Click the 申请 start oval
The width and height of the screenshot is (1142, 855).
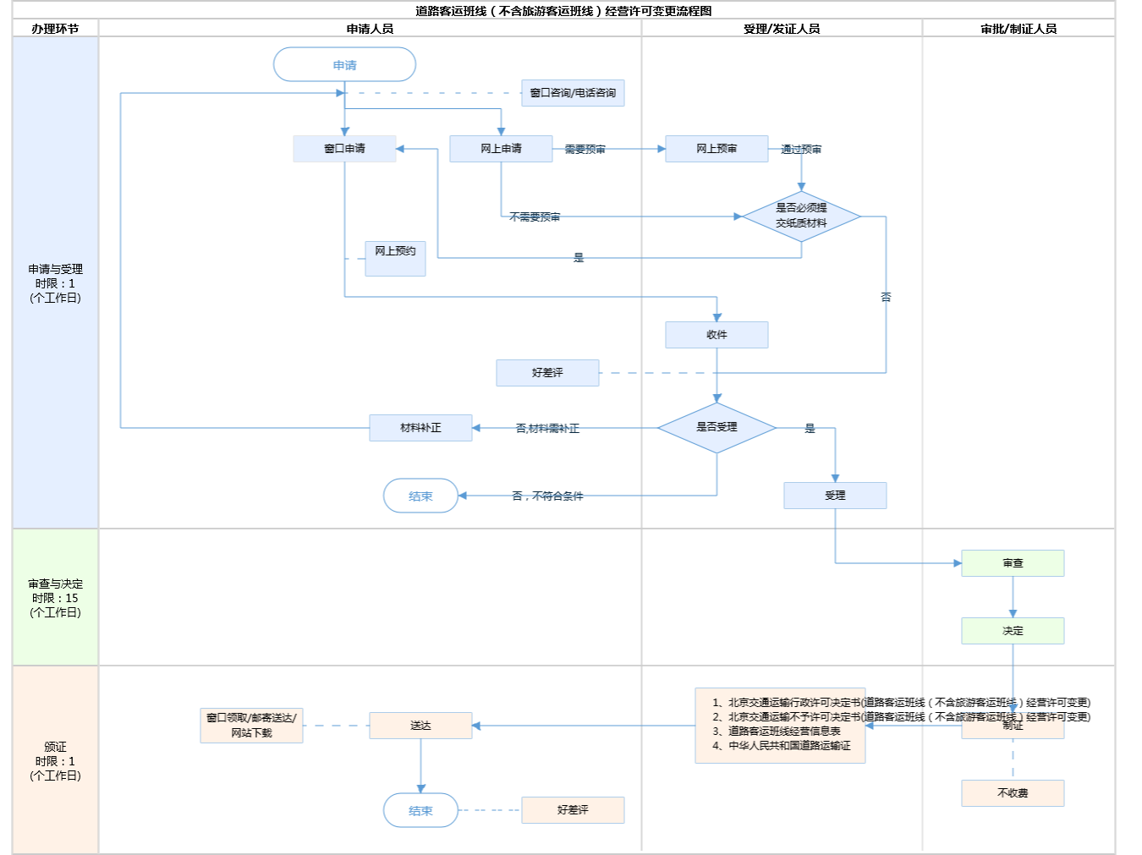[x=344, y=65]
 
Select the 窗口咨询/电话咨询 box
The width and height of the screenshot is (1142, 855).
[x=573, y=93]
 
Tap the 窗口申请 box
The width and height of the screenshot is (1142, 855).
[x=344, y=149]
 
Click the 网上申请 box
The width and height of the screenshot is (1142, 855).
[x=501, y=149]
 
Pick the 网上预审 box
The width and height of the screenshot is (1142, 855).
[x=716, y=149]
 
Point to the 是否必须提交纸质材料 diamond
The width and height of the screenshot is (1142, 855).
[x=801, y=216]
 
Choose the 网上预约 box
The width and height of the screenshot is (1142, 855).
[x=395, y=258]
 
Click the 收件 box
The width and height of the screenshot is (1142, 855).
[x=716, y=335]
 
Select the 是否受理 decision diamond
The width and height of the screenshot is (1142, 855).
[x=716, y=428]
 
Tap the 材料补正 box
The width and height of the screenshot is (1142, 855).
[x=420, y=428]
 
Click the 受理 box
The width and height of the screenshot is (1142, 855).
[x=835, y=496]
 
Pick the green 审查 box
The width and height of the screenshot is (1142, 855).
[x=1013, y=563]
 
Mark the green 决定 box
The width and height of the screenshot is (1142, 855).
[x=1013, y=631]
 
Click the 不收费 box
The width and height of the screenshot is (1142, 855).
[x=1013, y=793]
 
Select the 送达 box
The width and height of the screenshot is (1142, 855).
[x=420, y=726]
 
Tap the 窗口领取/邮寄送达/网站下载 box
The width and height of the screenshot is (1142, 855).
[x=251, y=726]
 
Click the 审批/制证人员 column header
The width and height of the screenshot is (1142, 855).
[x=1018, y=29]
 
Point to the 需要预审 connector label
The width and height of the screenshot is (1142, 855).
[x=585, y=150]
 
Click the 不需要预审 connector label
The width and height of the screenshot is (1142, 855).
[x=535, y=217]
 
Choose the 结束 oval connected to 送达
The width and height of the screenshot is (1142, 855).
[x=420, y=810]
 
